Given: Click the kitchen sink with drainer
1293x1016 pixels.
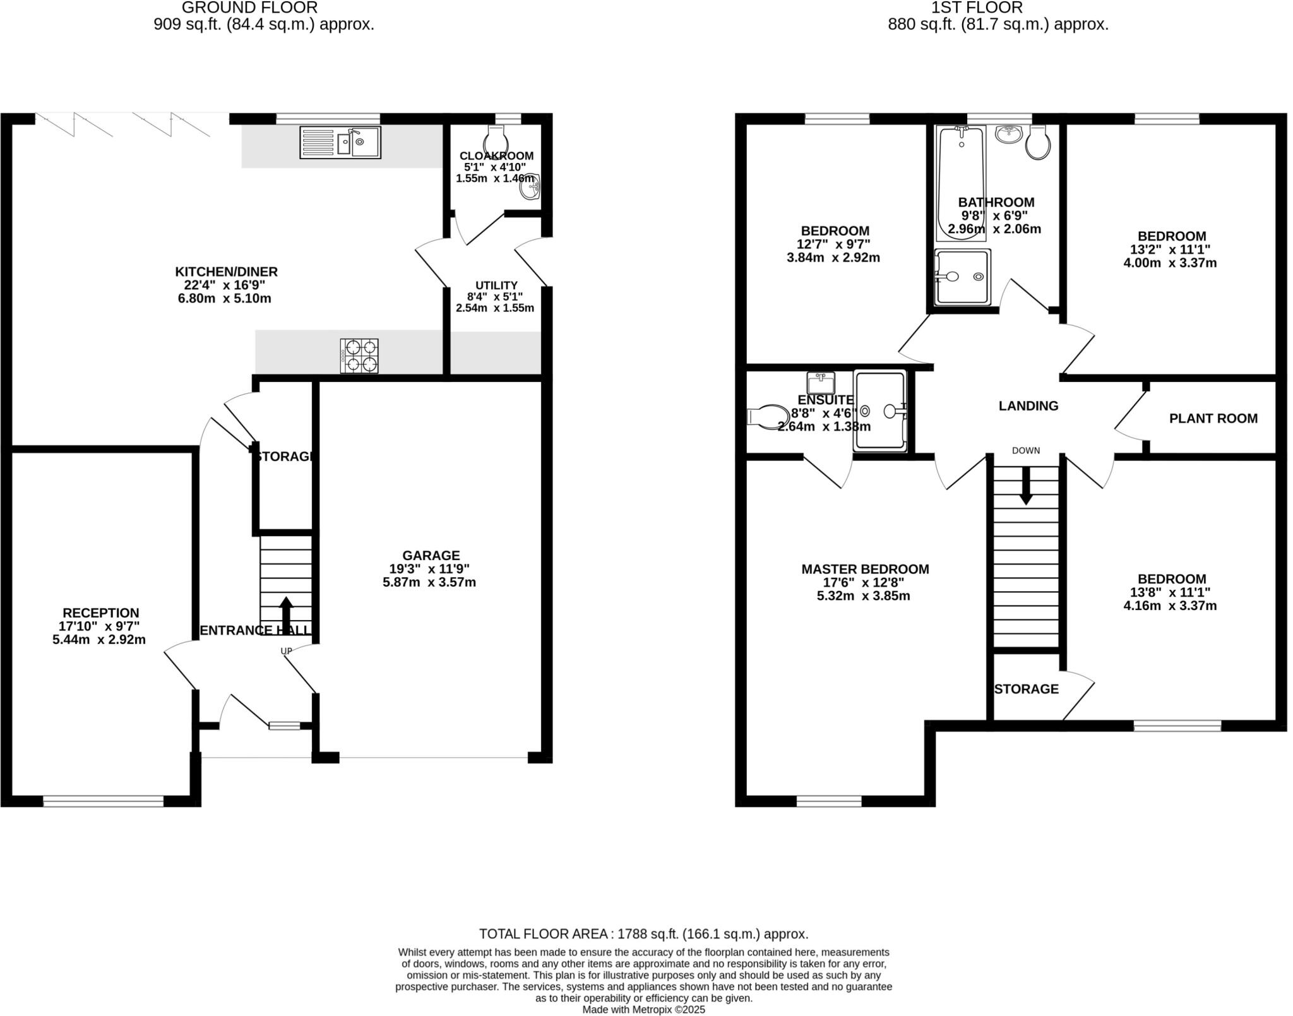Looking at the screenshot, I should pyautogui.click(x=340, y=142).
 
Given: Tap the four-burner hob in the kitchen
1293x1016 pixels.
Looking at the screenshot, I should pyautogui.click(x=359, y=356).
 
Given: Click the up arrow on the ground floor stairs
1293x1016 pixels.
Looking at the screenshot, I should pyautogui.click(x=286, y=611).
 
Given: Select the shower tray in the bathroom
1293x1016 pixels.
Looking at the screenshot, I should pyautogui.click(x=962, y=277).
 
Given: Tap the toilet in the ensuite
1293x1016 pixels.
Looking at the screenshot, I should pyautogui.click(x=765, y=417).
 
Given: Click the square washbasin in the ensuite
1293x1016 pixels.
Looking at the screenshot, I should pyautogui.click(x=821, y=383).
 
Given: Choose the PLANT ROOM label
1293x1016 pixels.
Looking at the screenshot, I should pyautogui.click(x=1213, y=418).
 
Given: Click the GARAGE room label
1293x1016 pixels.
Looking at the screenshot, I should pyautogui.click(x=431, y=555).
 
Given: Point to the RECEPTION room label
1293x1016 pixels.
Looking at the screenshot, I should pyautogui.click(x=100, y=613).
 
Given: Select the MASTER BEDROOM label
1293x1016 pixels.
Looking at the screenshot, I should pyautogui.click(x=865, y=569).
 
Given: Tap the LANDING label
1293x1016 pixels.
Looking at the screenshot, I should pyautogui.click(x=1028, y=406).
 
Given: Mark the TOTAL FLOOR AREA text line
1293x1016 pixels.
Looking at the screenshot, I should pyautogui.click(x=643, y=934).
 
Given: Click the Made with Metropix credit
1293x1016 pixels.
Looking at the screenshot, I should pyautogui.click(x=643, y=1010).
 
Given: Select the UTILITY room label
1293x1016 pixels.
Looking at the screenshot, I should pyautogui.click(x=496, y=285).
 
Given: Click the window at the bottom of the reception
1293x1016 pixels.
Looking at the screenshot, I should pyautogui.click(x=103, y=801).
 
